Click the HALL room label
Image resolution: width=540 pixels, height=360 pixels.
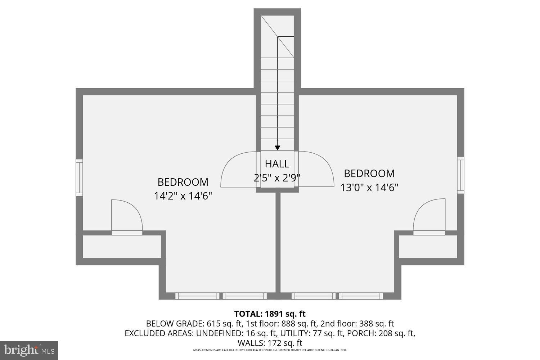tap(277, 164)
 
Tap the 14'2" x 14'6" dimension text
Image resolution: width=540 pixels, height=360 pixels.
tap(183, 196)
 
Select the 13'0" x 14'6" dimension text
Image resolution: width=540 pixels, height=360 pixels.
tap(369, 188)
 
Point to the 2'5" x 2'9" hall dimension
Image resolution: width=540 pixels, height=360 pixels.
tap(277, 178)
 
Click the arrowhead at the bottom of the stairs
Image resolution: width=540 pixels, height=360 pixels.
tap(278, 148)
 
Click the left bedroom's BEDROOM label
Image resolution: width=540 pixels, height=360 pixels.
tap(183, 182)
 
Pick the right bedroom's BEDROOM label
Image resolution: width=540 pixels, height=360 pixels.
tap(369, 174)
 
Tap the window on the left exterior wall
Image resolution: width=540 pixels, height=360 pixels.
tap(79, 177)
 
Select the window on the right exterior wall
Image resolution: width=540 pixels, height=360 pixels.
tap(460, 175)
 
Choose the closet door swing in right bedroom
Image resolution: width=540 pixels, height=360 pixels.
tap(431, 216)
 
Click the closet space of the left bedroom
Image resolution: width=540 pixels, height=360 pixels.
tap(122, 247)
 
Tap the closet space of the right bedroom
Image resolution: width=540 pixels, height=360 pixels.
tap(428, 247)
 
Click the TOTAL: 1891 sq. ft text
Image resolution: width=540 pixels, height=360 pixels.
tap(270, 314)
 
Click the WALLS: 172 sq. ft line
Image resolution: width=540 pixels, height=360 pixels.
tap(270, 343)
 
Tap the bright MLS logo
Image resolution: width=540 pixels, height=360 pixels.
tap(29, 350)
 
